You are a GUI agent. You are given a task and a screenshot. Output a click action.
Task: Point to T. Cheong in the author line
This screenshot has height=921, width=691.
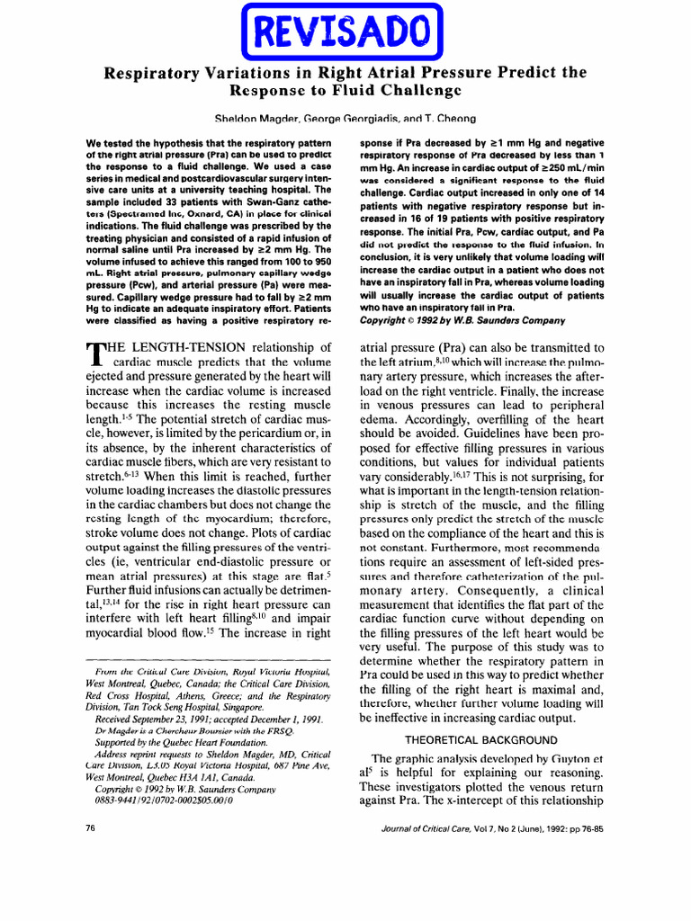(x=451, y=118)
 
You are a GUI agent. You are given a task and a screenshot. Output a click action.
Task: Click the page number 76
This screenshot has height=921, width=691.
(x=90, y=827)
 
